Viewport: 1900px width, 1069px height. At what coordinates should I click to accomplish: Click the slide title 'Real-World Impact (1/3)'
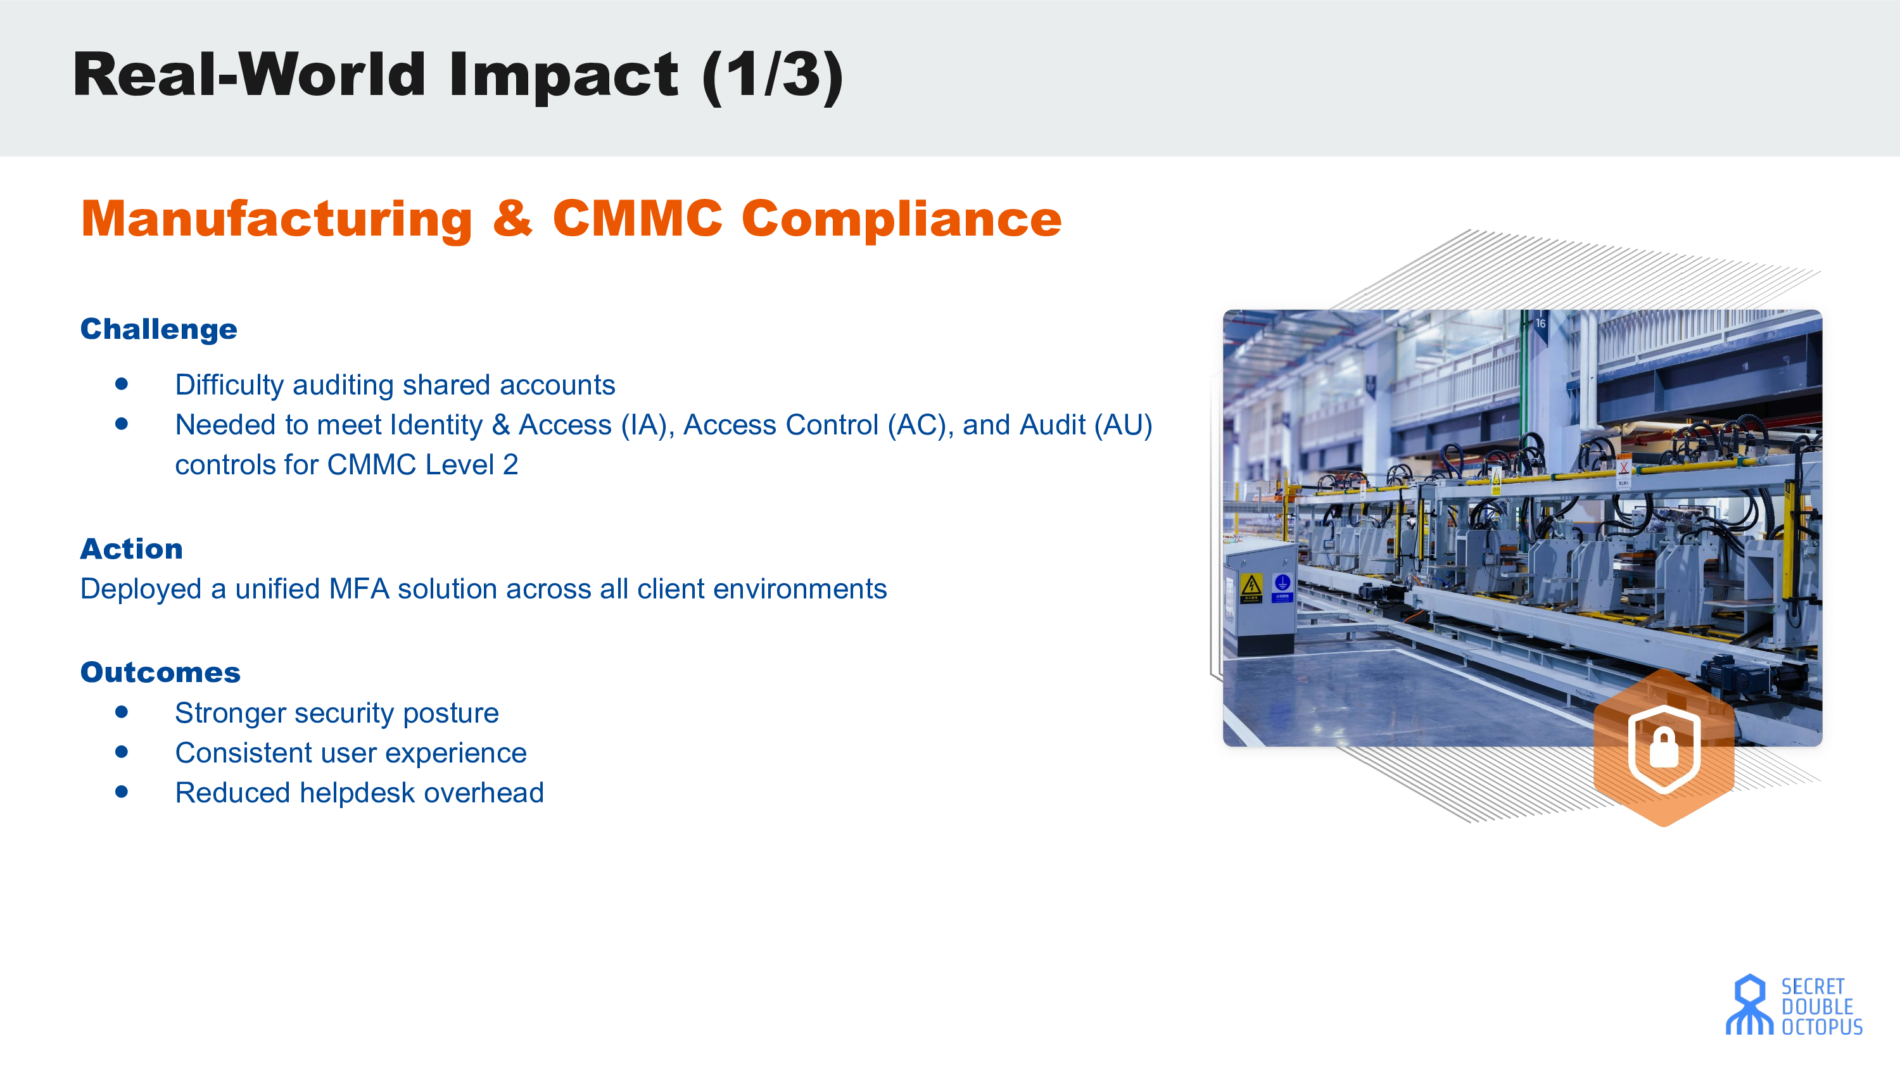pos(458,75)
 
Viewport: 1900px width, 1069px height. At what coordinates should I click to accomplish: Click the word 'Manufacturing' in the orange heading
pos(277,219)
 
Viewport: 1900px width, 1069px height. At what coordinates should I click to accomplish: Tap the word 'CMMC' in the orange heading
pos(637,218)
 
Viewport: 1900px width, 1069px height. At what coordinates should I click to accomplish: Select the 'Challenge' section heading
pos(158,329)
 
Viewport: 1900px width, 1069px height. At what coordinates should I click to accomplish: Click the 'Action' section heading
pos(131,549)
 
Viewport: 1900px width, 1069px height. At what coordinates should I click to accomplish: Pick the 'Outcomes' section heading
pos(160,672)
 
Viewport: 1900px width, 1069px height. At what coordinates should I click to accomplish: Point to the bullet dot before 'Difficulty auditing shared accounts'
pos(122,384)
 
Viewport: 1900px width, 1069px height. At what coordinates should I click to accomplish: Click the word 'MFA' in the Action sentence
pos(359,589)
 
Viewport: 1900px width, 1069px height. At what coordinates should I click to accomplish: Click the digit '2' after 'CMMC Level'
pos(510,465)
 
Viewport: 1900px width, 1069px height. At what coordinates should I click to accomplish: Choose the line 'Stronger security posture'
pos(336,713)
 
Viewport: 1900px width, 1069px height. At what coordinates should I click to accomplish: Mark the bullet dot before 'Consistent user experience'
pos(122,752)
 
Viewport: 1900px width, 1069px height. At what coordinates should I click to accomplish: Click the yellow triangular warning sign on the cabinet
pos(1251,586)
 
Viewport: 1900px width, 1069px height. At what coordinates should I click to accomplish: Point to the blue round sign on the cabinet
pos(1282,583)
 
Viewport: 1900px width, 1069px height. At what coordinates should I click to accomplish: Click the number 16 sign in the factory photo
pos(1541,324)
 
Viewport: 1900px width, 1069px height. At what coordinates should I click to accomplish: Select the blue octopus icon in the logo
pos(1749,1005)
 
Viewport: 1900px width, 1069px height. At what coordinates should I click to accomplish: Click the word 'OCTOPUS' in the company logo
pos(1823,1027)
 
